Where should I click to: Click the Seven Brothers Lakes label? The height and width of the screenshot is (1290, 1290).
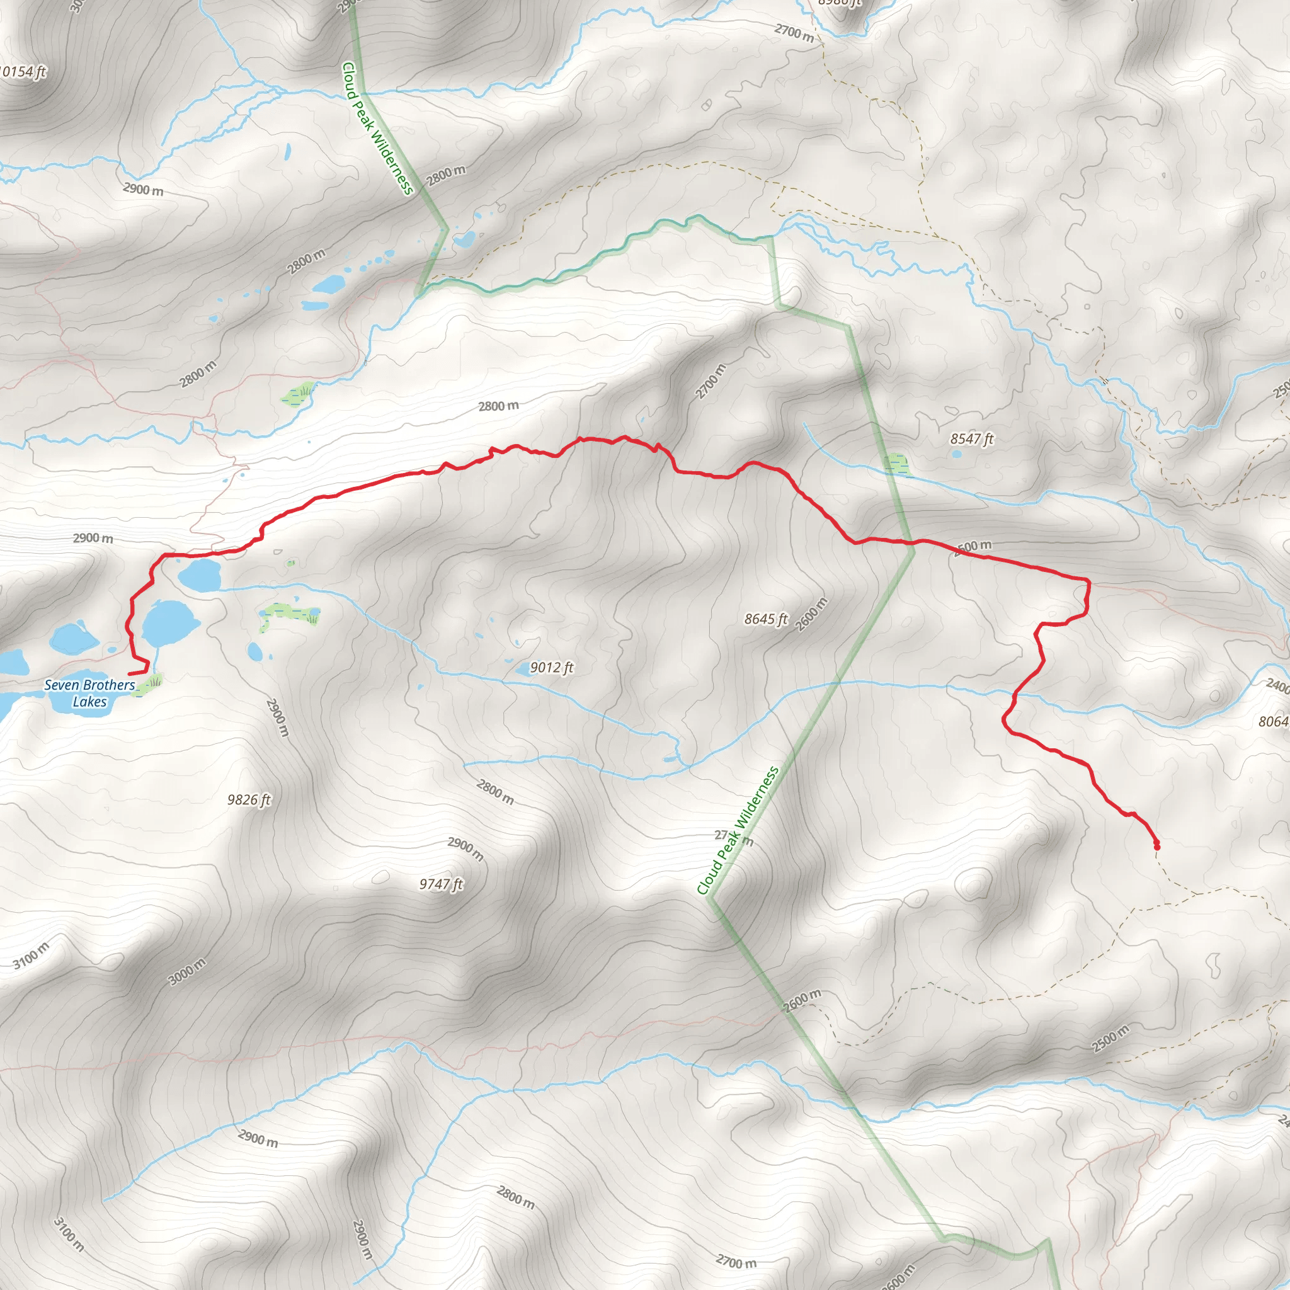pos(89,693)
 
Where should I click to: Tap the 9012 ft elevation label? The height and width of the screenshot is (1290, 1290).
pos(552,668)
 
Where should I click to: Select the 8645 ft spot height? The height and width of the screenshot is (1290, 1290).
pos(766,619)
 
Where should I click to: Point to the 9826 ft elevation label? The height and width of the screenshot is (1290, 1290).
pos(248,799)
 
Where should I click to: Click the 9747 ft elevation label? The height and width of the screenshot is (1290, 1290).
pos(441,884)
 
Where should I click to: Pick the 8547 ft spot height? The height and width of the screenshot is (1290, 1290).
pos(971,438)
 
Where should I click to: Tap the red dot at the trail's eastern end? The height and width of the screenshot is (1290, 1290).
pos(1156,847)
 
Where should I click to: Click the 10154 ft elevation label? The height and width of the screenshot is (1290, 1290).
pos(23,71)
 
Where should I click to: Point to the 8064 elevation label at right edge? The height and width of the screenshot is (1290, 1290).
pos(1272,721)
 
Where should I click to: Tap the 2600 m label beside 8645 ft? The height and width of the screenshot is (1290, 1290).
pos(812,613)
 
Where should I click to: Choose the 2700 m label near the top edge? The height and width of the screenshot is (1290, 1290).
pos(794,32)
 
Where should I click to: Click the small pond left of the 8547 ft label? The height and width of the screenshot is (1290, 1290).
pos(956,454)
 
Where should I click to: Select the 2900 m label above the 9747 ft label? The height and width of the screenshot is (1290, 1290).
pos(465,848)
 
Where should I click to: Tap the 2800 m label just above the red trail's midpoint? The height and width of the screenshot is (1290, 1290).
pos(498,406)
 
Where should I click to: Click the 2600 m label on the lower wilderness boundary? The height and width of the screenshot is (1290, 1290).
pos(801,1000)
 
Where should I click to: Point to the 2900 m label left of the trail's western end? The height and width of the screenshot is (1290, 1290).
pos(93,537)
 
